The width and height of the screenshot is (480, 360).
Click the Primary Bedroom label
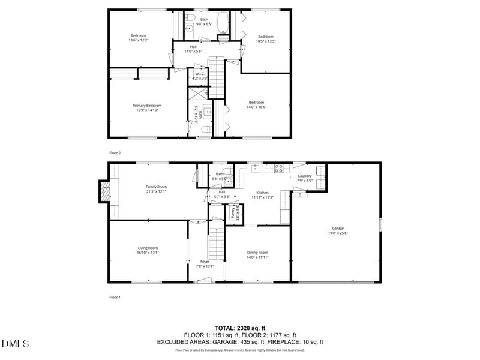pos(147,106)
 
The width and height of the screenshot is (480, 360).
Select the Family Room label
pos(156,187)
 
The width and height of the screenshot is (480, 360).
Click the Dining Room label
pos(257,253)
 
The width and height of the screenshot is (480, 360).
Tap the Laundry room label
pos(305,176)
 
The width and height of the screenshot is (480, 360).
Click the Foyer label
pos(205,262)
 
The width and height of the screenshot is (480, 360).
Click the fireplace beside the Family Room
pos(106,192)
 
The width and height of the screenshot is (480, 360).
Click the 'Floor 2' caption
pos(115,153)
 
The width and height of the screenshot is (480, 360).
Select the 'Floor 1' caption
pos(115,297)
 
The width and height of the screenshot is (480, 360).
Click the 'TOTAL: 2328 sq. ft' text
pos(240,328)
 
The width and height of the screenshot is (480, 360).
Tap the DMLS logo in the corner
pos(16,344)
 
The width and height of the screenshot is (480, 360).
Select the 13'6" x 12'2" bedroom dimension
pos(139,40)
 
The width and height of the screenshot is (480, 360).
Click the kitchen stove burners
pos(278,169)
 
